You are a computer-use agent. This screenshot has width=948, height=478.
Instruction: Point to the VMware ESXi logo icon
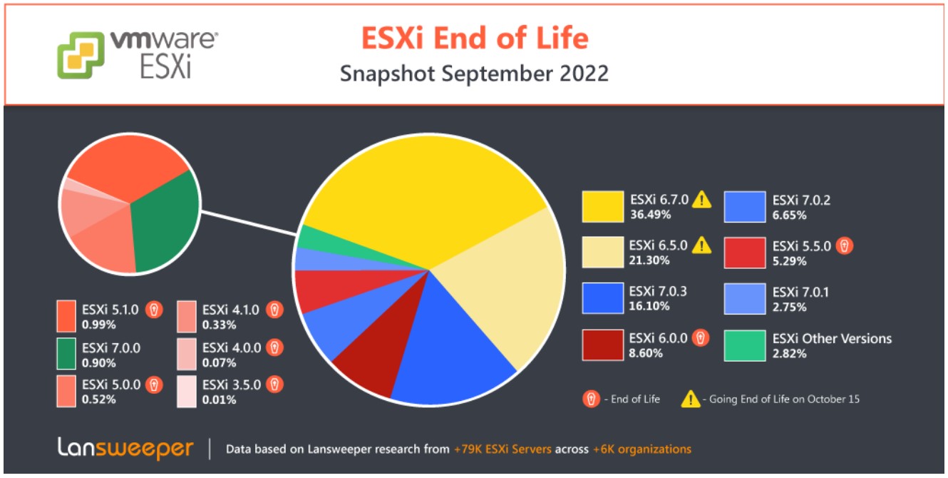(x=80, y=55)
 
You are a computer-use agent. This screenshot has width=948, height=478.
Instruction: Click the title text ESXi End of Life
(x=474, y=37)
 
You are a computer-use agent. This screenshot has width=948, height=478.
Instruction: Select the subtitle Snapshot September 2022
(x=474, y=73)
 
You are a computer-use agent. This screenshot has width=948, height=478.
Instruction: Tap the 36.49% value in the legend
(x=649, y=214)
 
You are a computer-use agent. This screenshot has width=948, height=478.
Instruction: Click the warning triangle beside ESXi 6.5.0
(x=703, y=246)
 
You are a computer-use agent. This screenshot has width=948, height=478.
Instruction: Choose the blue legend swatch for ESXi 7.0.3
(x=602, y=298)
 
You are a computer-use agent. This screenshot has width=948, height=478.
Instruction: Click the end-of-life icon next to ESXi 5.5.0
(x=845, y=246)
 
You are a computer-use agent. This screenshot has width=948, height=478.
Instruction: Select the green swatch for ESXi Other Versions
(x=745, y=345)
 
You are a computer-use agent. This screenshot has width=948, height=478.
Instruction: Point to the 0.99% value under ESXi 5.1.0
(x=98, y=325)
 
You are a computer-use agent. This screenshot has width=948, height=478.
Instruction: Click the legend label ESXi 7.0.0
(x=110, y=347)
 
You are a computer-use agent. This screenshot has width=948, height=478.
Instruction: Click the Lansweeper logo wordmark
(x=125, y=449)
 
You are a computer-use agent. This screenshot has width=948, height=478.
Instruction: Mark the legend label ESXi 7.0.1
(x=800, y=292)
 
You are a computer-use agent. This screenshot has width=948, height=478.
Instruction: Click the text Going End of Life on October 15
(x=784, y=399)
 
